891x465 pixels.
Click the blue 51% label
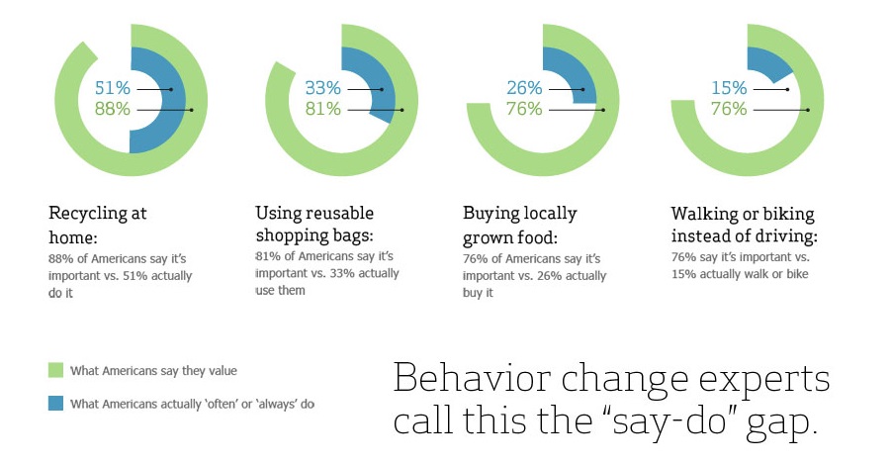pos(113,88)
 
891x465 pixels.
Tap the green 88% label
pos(113,109)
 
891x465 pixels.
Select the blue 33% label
pos(322,88)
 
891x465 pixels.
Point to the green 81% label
pos(322,109)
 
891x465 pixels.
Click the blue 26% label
pos(524,88)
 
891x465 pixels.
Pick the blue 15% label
pos(729,88)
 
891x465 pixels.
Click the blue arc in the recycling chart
pos(173,100)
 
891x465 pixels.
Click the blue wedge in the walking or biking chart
pos(767,63)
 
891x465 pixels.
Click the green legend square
pos(55,370)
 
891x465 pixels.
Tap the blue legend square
pos(55,403)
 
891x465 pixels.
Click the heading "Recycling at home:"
pos(98,225)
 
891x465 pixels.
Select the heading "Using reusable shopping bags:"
pos(314,224)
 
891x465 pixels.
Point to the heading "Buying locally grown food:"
pos(519,225)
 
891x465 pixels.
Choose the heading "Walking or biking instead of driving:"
pos(744,224)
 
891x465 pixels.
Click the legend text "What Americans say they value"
pos(153,371)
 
